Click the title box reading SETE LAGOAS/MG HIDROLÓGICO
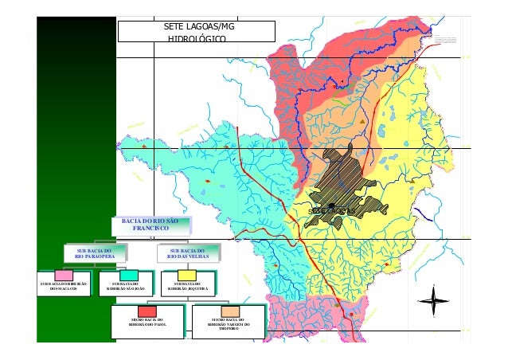click(196, 31)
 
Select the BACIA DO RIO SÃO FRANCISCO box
click(150, 225)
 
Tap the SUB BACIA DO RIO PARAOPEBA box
click(96, 253)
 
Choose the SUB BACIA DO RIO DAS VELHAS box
click(187, 253)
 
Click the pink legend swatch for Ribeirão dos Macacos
click(63, 276)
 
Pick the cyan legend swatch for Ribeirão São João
click(127, 276)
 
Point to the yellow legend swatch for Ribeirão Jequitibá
click(191, 276)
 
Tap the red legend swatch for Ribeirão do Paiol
click(147, 311)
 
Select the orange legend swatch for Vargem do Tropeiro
click(229, 311)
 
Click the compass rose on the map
click(433, 302)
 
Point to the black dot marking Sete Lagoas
click(331, 206)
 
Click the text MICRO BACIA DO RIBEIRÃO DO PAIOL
click(147, 323)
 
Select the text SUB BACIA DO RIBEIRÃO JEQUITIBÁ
click(191, 286)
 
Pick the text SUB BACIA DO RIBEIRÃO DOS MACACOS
click(63, 286)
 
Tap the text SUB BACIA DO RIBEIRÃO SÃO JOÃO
click(127, 286)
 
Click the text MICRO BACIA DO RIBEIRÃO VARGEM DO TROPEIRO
click(229, 324)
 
